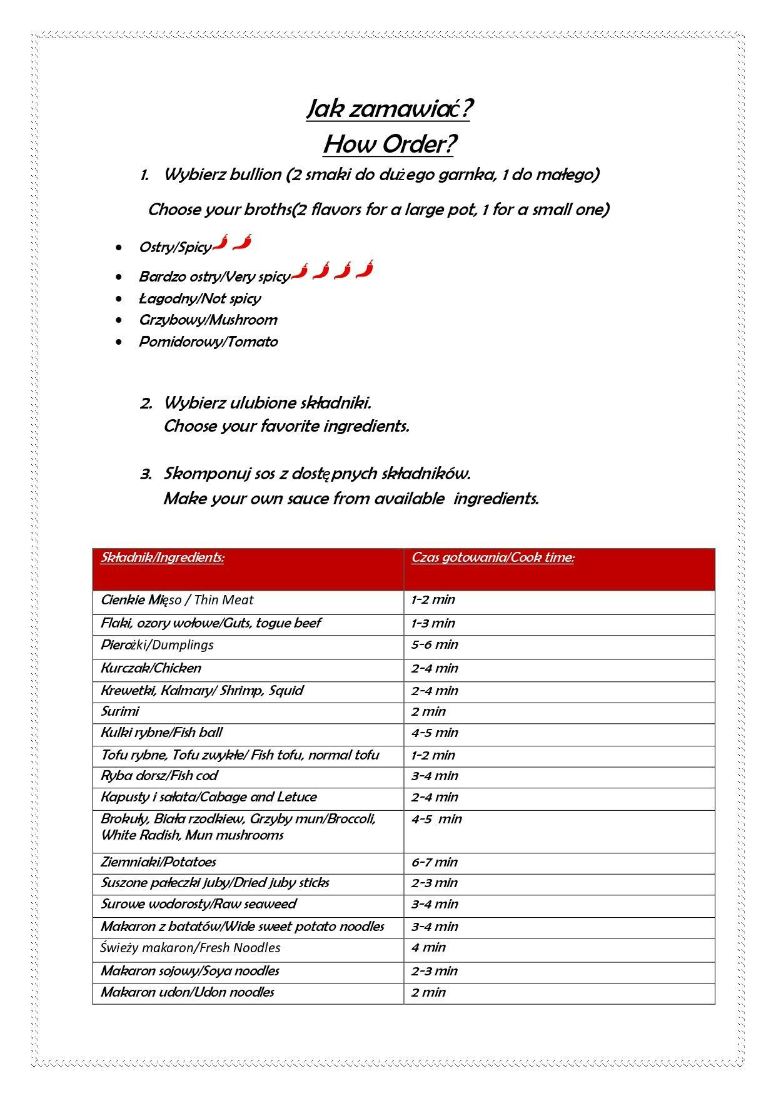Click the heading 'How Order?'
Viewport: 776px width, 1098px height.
pyautogui.click(x=388, y=145)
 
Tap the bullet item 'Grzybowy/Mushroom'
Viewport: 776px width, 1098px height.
pyautogui.click(x=208, y=320)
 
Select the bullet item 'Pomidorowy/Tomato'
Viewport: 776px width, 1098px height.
pyautogui.click(x=208, y=342)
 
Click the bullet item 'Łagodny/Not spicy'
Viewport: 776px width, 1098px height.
pyautogui.click(x=199, y=298)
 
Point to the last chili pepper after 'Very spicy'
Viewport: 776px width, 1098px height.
pyautogui.click(x=365, y=270)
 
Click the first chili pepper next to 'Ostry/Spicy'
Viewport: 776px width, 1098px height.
pyautogui.click(x=221, y=242)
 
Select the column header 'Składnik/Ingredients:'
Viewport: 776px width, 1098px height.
pyautogui.click(x=163, y=557)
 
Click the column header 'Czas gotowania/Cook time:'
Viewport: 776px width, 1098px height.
pyautogui.click(x=493, y=557)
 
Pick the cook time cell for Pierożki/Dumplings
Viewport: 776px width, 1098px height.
pyautogui.click(x=435, y=644)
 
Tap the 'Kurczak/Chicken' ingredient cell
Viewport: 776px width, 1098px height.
pyautogui.click(x=151, y=668)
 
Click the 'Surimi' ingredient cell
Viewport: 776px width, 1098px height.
pyautogui.click(x=120, y=711)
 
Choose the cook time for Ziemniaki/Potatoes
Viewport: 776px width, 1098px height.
pyautogui.click(x=435, y=862)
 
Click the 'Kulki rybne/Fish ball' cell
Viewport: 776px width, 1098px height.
pyautogui.click(x=162, y=733)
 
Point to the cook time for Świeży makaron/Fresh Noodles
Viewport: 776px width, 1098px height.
pyautogui.click(x=429, y=947)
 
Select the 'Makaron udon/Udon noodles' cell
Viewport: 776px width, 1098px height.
pyautogui.click(x=188, y=992)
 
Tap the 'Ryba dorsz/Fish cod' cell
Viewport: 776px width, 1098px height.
pyautogui.click(x=159, y=776)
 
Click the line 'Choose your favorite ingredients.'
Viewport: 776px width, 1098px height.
pyautogui.click(x=286, y=426)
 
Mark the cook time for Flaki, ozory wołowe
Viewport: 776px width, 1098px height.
pyautogui.click(x=433, y=623)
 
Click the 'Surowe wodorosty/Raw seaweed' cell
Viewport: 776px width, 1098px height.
pyautogui.click(x=199, y=904)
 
